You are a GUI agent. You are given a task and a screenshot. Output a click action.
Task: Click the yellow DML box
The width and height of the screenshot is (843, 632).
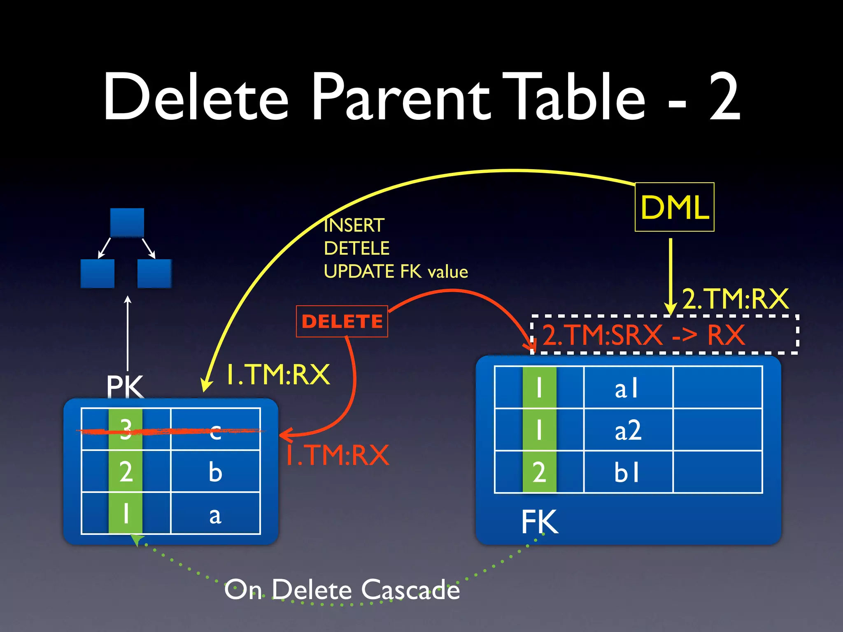click(x=674, y=207)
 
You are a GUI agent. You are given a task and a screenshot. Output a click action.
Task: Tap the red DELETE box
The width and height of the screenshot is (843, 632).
click(x=342, y=321)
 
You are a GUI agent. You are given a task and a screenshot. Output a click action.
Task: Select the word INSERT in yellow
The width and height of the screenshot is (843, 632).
click(x=354, y=225)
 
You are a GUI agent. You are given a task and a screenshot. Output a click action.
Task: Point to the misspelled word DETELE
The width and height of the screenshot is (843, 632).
click(x=356, y=249)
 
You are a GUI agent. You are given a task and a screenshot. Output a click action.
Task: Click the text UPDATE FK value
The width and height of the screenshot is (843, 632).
click(x=396, y=272)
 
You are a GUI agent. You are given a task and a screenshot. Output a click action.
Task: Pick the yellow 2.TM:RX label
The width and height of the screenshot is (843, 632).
click(x=735, y=299)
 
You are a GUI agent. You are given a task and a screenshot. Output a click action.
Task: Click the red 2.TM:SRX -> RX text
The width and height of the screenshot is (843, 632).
click(x=643, y=335)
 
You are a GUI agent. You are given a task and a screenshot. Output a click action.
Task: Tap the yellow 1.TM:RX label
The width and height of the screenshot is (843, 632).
click(x=278, y=374)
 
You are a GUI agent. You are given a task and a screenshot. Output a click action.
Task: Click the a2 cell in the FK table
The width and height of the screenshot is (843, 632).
click(x=628, y=430)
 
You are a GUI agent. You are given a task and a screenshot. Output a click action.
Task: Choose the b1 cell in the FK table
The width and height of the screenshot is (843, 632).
click(x=627, y=472)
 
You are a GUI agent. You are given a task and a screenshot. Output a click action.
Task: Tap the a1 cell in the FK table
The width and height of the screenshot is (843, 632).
click(x=627, y=388)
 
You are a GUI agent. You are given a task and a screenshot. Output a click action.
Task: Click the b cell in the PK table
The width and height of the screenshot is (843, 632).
click(x=215, y=472)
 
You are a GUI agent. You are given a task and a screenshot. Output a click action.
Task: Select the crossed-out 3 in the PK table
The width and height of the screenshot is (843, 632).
click(x=126, y=430)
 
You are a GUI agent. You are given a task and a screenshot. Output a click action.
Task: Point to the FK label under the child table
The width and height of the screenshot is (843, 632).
click(x=540, y=522)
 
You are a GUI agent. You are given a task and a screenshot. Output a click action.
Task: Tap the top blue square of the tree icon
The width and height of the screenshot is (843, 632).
click(x=127, y=222)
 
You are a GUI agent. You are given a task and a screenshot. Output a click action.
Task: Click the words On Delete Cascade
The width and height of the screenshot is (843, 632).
click(x=342, y=590)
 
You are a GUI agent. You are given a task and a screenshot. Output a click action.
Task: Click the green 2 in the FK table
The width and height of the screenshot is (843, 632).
click(x=539, y=472)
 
